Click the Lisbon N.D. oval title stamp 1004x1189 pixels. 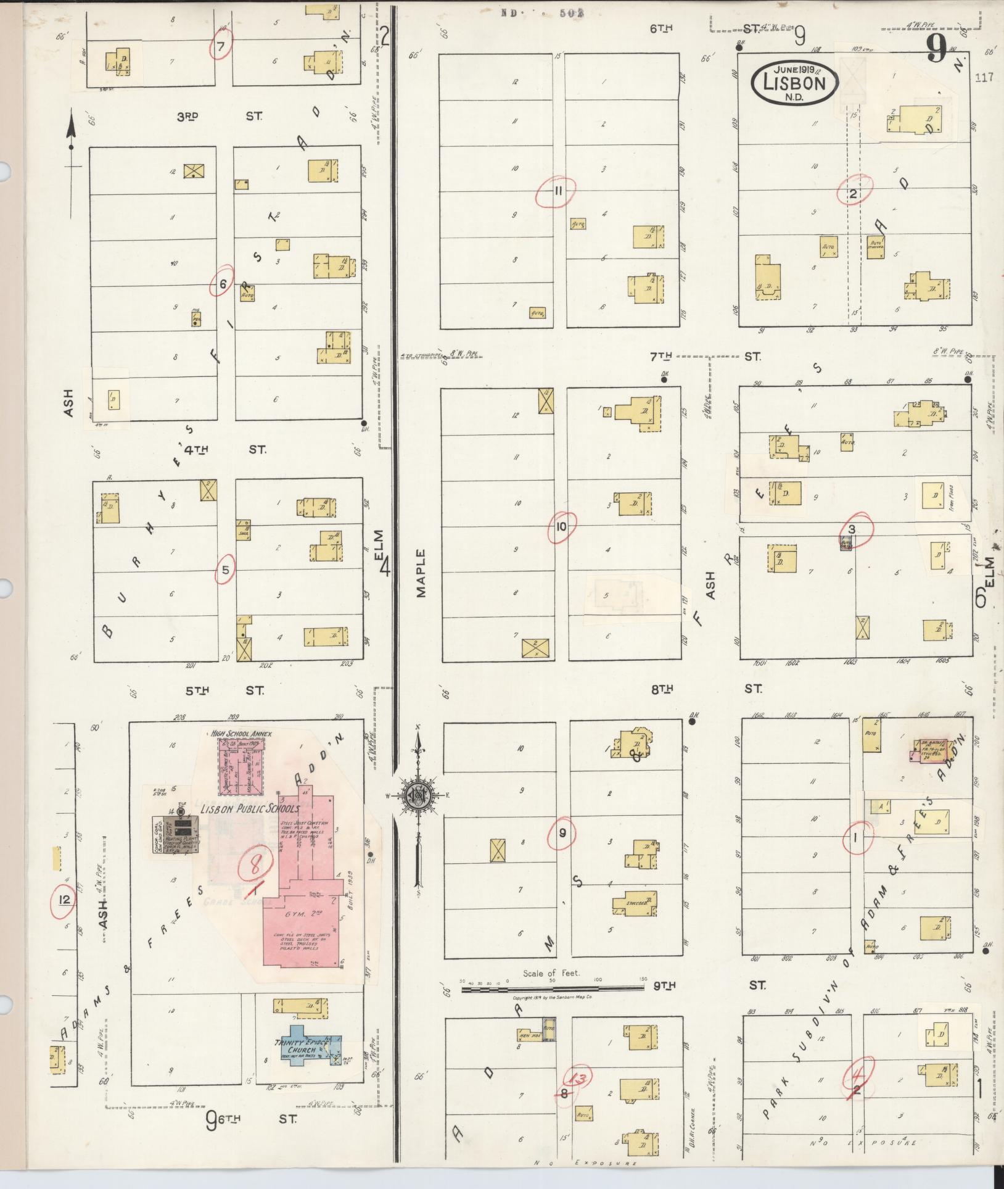coord(794,80)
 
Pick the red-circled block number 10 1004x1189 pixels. coord(561,526)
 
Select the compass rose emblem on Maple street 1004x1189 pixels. coord(417,796)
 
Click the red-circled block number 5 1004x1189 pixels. coord(225,570)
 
